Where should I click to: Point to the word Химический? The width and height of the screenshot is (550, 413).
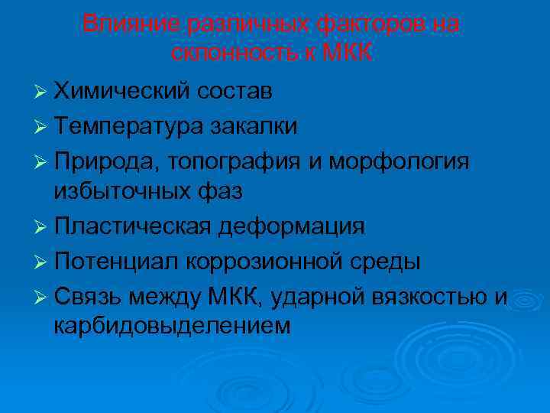point(123,92)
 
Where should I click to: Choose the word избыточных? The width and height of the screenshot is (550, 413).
point(124,193)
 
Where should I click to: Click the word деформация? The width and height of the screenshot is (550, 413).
point(292,226)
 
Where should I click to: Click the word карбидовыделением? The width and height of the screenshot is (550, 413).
point(172,327)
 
